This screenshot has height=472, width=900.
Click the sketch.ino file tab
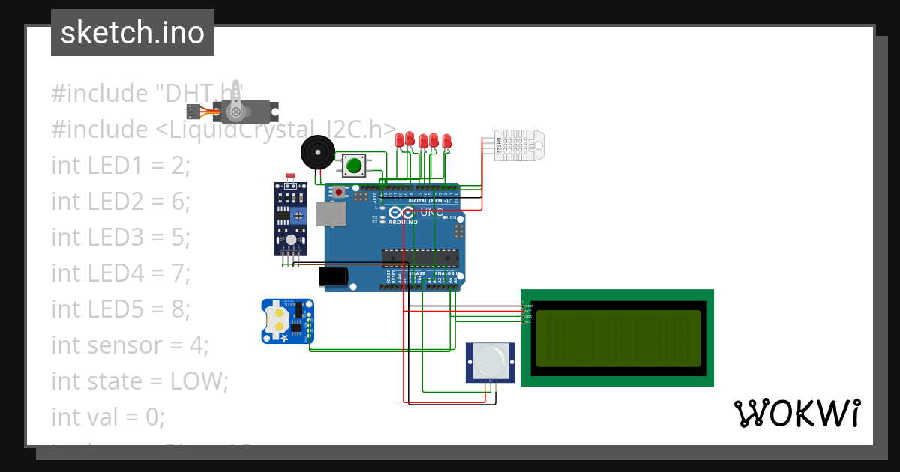[x=132, y=33]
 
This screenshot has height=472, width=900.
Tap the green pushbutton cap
[x=354, y=165]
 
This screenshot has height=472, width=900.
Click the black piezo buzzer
[x=316, y=153]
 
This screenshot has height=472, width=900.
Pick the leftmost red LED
[x=400, y=139]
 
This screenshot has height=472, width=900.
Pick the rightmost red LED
[x=447, y=140]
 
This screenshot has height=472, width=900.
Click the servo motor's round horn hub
[x=236, y=112]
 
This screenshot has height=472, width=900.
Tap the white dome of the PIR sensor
[x=490, y=363]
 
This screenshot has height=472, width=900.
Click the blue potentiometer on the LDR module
[x=299, y=216]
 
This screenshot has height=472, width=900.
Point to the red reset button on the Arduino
[x=339, y=193]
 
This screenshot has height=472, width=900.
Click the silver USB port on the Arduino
[x=332, y=215]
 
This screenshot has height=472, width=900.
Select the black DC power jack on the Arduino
[x=333, y=276]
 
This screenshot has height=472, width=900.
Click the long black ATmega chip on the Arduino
[x=419, y=257]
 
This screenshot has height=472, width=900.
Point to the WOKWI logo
[x=796, y=414]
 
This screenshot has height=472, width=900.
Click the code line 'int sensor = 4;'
[x=130, y=345]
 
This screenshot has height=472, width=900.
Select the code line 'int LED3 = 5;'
[x=121, y=237]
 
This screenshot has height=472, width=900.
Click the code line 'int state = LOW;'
[x=139, y=381]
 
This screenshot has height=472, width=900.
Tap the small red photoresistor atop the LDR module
[x=291, y=177]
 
